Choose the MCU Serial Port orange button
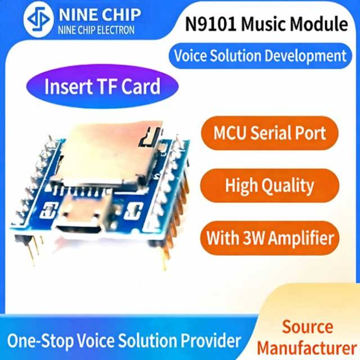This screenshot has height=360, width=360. [269, 133]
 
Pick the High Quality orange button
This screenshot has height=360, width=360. [269, 185]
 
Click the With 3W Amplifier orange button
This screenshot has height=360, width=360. [269, 237]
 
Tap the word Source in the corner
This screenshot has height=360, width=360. [308, 326]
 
